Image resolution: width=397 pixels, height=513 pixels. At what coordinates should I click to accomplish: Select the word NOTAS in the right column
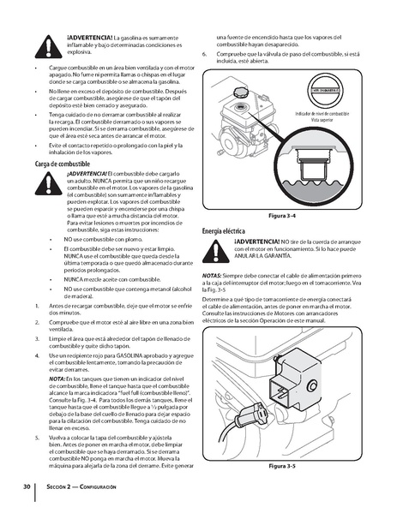coord(212,276)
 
